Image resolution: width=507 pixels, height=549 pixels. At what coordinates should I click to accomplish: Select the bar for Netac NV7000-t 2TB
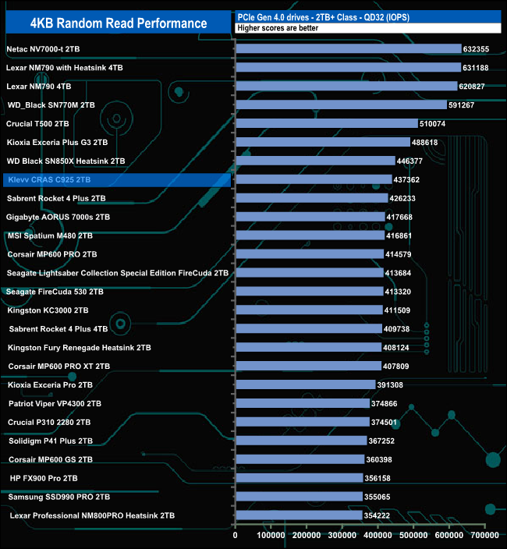tap(348, 48)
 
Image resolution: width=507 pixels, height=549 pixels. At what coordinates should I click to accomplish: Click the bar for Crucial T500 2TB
tap(327, 123)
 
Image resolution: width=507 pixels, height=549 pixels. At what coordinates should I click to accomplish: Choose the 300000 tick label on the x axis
tap(342, 536)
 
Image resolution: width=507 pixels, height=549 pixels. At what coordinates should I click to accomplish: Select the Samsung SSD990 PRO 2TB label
tap(59, 497)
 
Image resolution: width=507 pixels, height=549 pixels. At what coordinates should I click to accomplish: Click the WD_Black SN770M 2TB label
tap(51, 104)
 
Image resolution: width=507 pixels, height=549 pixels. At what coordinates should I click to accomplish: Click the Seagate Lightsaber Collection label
tap(118, 273)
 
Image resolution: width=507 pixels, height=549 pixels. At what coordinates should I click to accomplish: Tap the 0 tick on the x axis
tap(236, 536)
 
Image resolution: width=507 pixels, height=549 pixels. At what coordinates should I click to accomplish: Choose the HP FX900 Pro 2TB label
tap(44, 478)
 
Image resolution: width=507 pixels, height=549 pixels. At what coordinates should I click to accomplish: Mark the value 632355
tap(480, 48)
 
